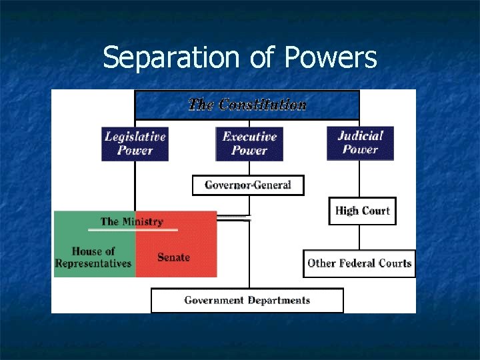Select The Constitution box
[247, 105]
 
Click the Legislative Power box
[135, 143]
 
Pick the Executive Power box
[249, 143]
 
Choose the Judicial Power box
[360, 143]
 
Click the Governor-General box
[248, 185]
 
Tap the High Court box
[362, 211]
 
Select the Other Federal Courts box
[359, 263]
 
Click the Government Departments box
[247, 301]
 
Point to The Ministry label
[131, 221]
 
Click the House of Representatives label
[93, 257]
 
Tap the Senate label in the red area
[174, 257]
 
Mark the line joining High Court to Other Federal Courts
[360, 237]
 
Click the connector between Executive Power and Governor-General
[249, 168]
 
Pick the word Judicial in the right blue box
[360, 135]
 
